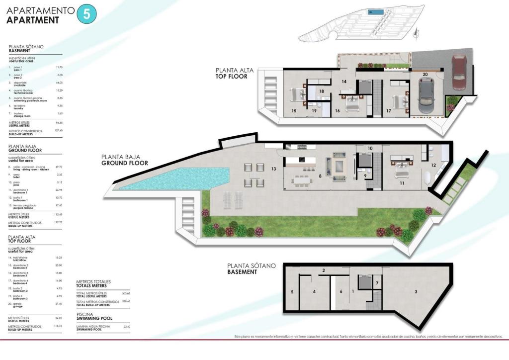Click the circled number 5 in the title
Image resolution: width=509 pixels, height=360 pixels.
[86, 14]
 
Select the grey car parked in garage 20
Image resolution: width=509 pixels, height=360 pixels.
[427, 96]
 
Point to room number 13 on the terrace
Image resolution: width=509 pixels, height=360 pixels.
[273, 170]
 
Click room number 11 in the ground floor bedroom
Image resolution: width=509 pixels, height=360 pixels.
[402, 183]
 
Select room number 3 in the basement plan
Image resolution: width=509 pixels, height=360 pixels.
[416, 291]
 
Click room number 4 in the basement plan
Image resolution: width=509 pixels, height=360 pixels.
[314, 291]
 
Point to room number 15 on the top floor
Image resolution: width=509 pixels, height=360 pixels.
[294, 110]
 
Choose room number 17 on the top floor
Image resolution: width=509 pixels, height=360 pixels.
[388, 110]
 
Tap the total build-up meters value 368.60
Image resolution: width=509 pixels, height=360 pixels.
[126, 301]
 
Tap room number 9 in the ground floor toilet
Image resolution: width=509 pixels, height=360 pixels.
[365, 176]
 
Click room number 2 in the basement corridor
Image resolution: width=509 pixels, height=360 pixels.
[323, 270]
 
